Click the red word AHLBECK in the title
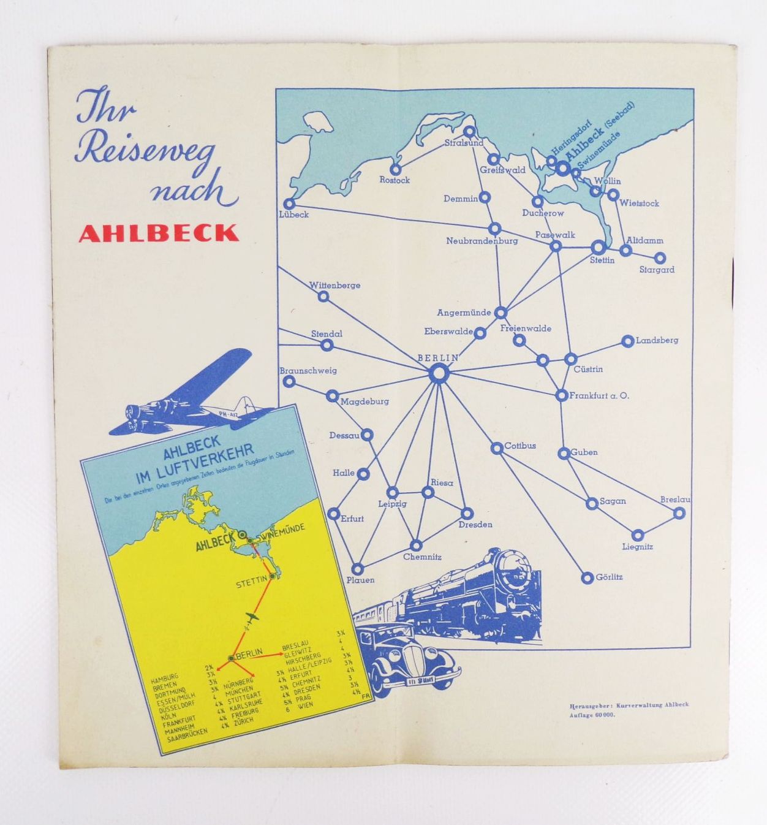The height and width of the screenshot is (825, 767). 159,234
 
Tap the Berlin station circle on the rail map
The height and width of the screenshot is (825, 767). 439,373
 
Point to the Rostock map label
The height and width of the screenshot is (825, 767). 395,180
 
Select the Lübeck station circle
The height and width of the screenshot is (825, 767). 289,203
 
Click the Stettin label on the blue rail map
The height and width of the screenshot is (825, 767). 602,260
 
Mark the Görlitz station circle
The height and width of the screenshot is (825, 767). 587,577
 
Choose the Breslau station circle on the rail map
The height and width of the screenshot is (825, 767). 679,513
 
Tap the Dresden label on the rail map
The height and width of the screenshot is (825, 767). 475,525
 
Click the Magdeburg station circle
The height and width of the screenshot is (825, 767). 333,395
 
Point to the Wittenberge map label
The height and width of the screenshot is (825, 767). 334,286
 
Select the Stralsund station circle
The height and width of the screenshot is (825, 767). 469,131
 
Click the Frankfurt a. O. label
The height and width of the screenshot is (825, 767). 599,396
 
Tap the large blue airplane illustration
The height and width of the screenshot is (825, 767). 190,392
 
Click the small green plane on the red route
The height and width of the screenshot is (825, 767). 251,616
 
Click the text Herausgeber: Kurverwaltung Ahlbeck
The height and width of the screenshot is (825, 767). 629,705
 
